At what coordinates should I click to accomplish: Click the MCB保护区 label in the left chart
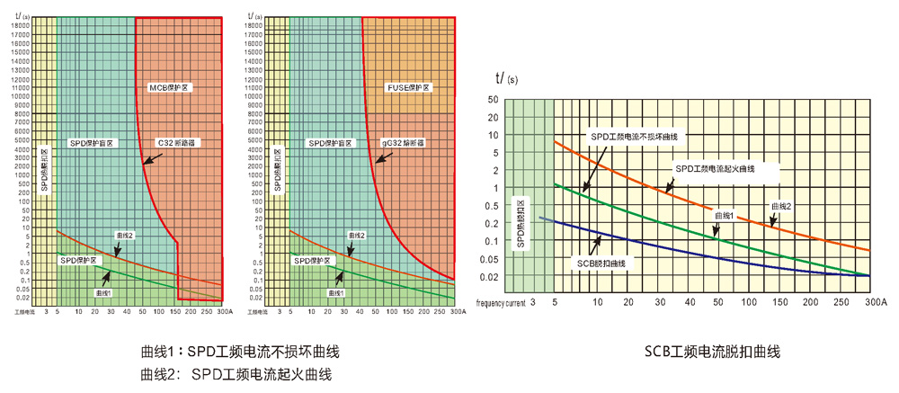click(171, 87)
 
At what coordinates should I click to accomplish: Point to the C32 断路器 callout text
click(177, 143)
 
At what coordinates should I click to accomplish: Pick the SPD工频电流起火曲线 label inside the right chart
click(726, 168)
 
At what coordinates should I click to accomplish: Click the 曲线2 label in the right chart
click(781, 207)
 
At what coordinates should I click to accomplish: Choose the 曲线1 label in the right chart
click(725, 216)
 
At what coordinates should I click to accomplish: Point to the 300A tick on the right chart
click(876, 302)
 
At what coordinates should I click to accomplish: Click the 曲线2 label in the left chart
click(124, 235)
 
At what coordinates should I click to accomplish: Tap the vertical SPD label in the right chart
click(520, 222)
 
